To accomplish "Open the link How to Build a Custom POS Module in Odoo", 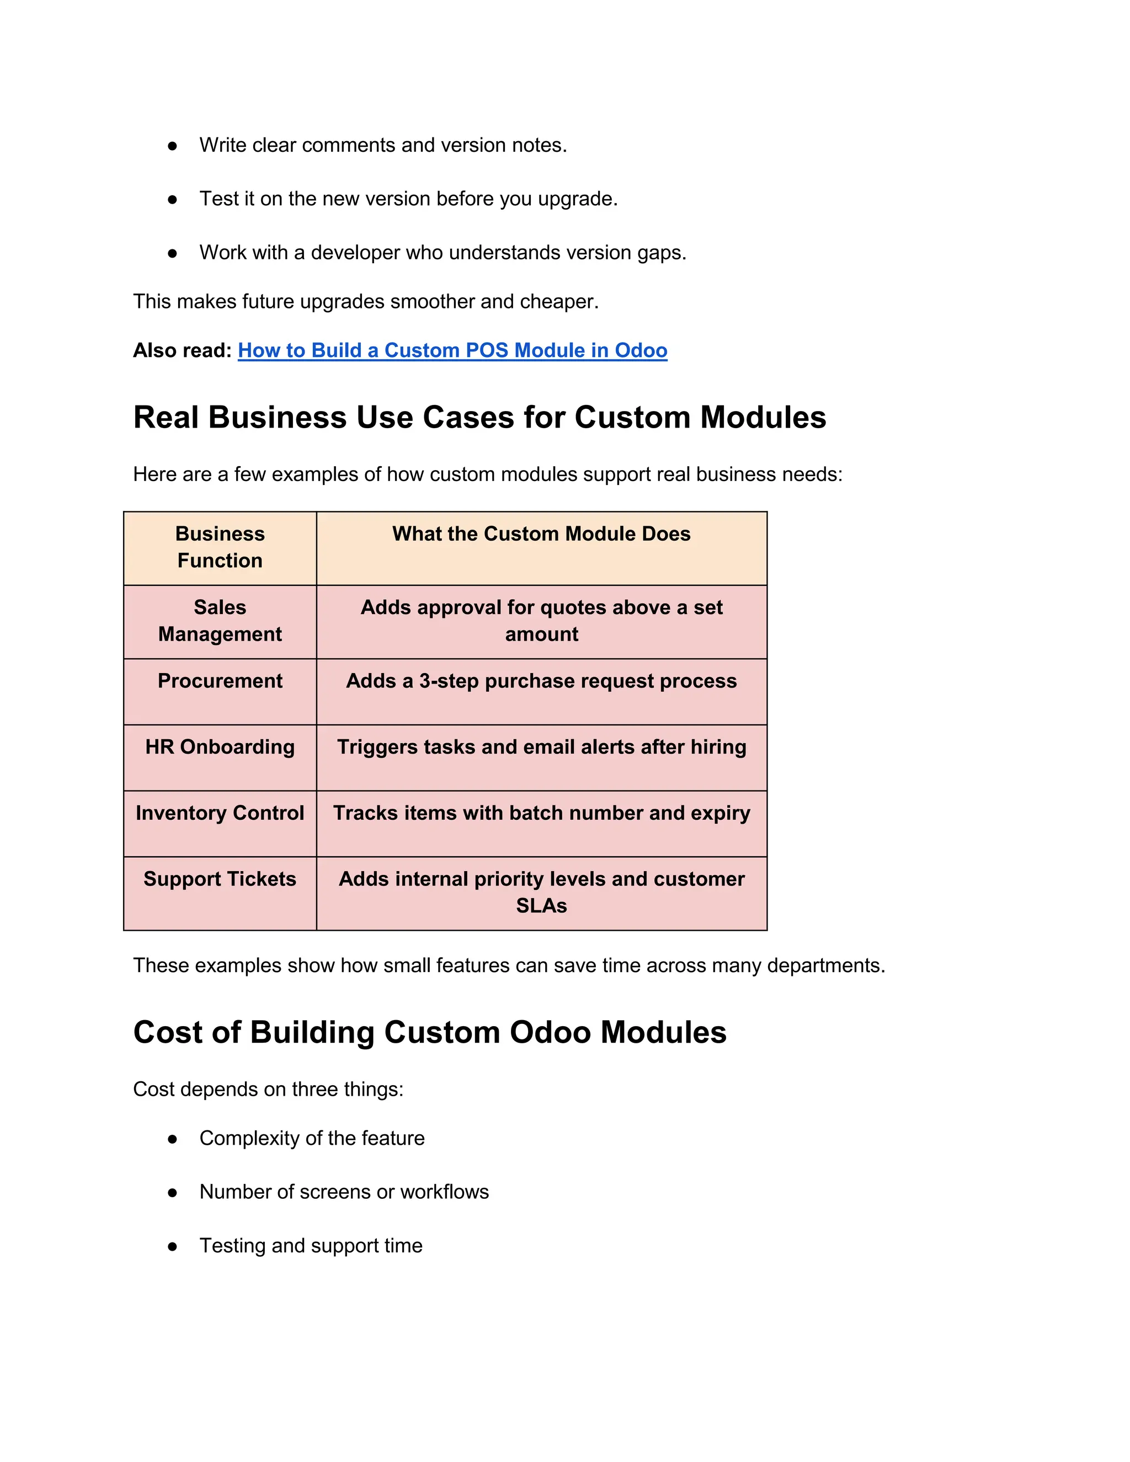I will pyautogui.click(x=452, y=350).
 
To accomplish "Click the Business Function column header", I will pyautogui.click(x=220, y=547).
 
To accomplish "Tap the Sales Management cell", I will pyautogui.click(x=220, y=621).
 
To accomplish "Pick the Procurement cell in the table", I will pyautogui.click(x=220, y=681).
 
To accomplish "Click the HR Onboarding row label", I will pyautogui.click(x=220, y=746).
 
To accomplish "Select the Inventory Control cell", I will pyautogui.click(x=220, y=813).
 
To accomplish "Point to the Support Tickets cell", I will pyautogui.click(x=220, y=879).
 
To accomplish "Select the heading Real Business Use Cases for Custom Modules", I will pyautogui.click(x=479, y=417).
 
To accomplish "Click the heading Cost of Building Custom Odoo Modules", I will pyautogui.click(x=430, y=1032).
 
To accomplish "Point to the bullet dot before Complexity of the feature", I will pyautogui.click(x=173, y=1139).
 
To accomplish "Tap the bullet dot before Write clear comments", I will pyautogui.click(x=173, y=146).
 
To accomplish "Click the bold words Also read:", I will pyautogui.click(x=182, y=350).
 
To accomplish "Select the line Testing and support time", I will pyautogui.click(x=311, y=1245).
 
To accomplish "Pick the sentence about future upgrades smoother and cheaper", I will pyautogui.click(x=365, y=301).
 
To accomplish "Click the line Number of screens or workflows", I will pyautogui.click(x=344, y=1192).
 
